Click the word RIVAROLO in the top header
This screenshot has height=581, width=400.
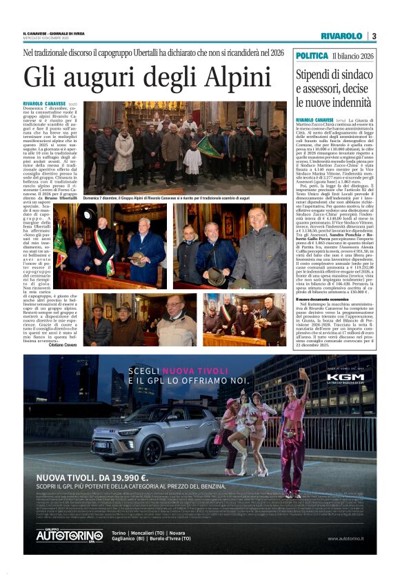click(341, 36)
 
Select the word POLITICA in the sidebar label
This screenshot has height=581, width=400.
click(312, 55)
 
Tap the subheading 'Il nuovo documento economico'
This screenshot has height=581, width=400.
click(322, 279)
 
